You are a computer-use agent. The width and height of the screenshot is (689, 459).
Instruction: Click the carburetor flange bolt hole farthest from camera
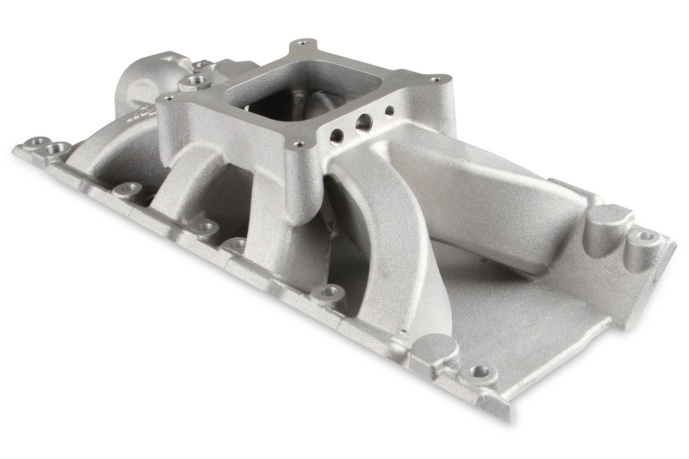pos(303,43)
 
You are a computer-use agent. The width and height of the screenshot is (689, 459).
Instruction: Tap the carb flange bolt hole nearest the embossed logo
pos(168,98)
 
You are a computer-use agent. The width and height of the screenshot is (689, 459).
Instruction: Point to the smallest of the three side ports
pos(390,111)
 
